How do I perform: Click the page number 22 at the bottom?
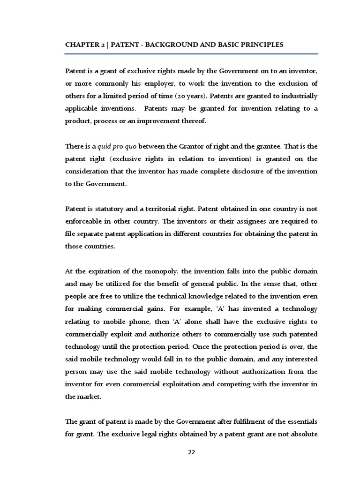pyautogui.click(x=191, y=452)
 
